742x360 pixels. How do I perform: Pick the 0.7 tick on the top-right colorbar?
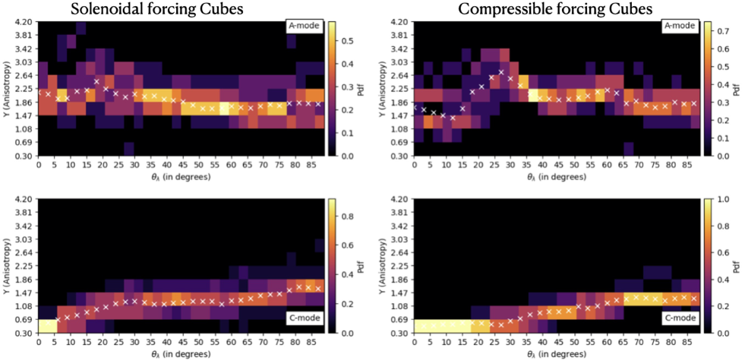721,33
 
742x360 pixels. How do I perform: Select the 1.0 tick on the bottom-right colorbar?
721,199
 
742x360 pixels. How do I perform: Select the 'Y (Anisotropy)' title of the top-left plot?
6,88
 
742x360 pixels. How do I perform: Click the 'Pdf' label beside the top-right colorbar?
737,88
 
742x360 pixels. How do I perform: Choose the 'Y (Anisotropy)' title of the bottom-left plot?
6,266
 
